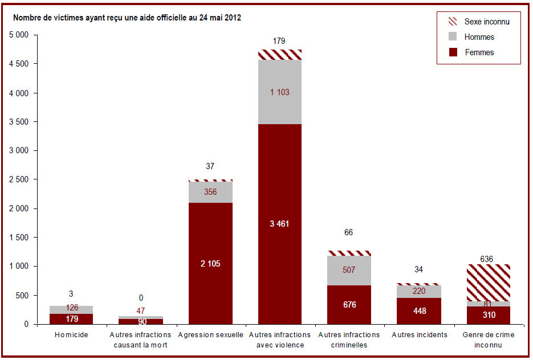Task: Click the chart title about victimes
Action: coord(127,18)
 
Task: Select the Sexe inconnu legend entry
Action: coord(479,22)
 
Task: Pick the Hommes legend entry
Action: coord(471,36)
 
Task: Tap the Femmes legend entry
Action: coord(471,52)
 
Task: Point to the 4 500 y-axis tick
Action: coord(19,64)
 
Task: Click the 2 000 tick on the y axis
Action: coord(19,208)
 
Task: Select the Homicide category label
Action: coord(71,335)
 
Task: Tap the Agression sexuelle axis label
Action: coord(211,335)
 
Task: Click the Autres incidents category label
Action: coord(420,335)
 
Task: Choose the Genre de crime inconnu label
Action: coord(489,339)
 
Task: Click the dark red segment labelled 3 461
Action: coord(280,224)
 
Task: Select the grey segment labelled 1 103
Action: coord(280,92)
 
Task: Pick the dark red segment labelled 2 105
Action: coord(211,263)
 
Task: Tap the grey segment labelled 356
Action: coord(211,192)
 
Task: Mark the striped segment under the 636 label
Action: coord(489,283)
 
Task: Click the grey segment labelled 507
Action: coord(349,271)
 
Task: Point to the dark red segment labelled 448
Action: coord(419,311)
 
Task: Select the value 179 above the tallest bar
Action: coord(279,41)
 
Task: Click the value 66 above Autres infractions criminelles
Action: coord(348,232)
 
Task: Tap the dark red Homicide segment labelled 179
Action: coord(71,319)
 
